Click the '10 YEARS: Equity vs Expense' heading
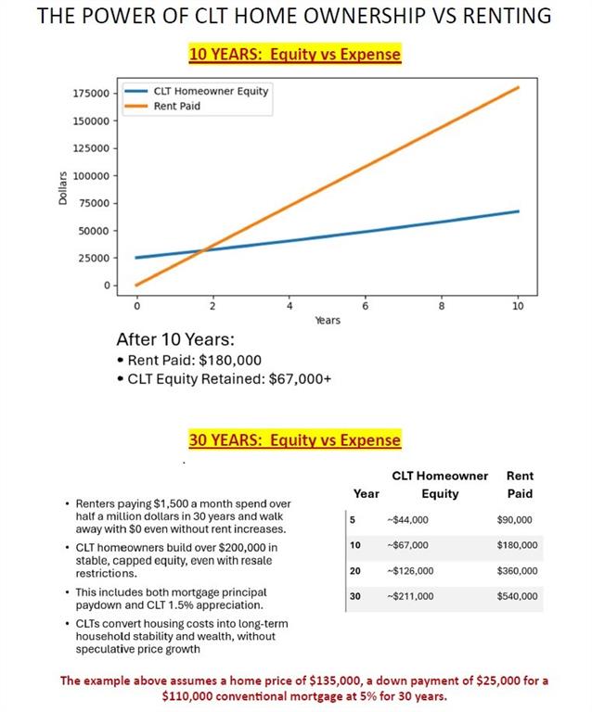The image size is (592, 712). pyautogui.click(x=295, y=54)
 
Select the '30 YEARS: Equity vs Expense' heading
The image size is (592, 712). pyautogui.click(x=295, y=440)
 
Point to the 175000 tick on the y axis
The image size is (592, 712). pyautogui.click(x=91, y=94)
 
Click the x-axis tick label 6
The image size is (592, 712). pyautogui.click(x=366, y=305)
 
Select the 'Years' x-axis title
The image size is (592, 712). pyautogui.click(x=327, y=321)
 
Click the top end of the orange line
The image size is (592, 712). pyautogui.click(x=518, y=87)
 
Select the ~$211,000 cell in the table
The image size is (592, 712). pyautogui.click(x=409, y=596)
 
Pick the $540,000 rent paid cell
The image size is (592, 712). pyautogui.click(x=518, y=596)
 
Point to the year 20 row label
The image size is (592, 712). pyautogui.click(x=355, y=571)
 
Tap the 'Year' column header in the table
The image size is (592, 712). pyautogui.click(x=367, y=494)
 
